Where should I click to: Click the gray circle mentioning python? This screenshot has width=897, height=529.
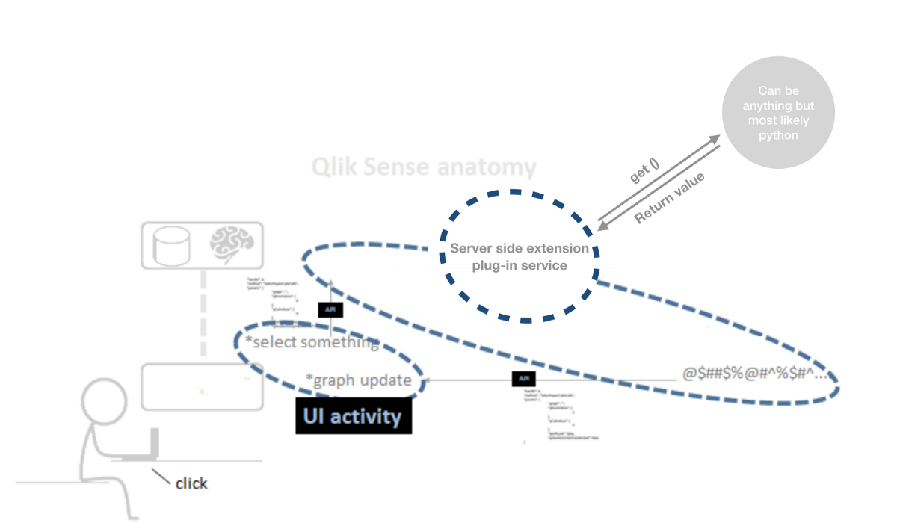coord(778,113)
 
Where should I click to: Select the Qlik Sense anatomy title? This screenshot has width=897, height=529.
coord(424,167)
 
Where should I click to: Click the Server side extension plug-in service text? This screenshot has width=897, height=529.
coord(520,256)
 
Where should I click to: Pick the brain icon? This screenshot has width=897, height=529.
coord(231,244)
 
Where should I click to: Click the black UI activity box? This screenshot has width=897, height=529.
coord(353,416)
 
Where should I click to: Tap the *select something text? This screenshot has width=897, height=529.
coord(312,342)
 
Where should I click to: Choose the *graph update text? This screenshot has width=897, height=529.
coord(359,380)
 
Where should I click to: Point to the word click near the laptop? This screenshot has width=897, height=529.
coord(191,483)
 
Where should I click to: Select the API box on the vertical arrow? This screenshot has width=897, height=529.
coord(330,309)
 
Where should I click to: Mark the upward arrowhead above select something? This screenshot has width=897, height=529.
coord(331,282)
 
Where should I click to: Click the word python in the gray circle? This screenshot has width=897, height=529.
coord(778,135)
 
